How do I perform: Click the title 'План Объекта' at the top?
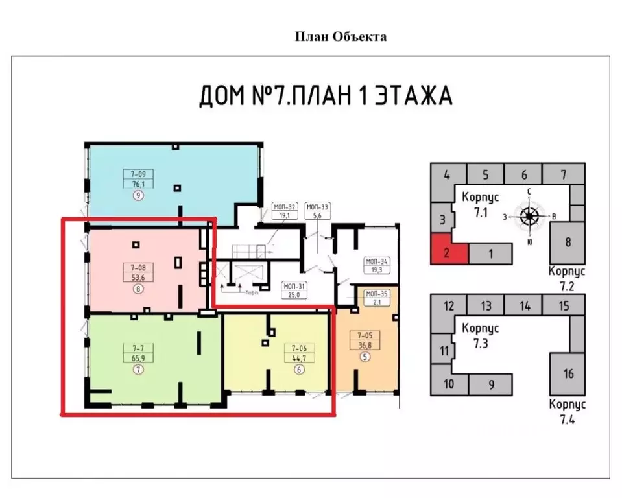tap(341, 36)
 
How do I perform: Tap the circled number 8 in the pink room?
tap(138, 289)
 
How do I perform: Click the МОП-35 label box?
tap(377, 296)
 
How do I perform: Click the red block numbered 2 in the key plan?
tap(448, 252)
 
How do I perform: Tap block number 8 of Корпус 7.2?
tap(568, 243)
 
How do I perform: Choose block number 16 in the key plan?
tap(568, 373)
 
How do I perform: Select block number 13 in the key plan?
tap(486, 306)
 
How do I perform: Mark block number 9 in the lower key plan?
tap(491, 385)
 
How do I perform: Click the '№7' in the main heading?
tap(264, 97)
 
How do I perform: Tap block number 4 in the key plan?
tap(447, 174)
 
